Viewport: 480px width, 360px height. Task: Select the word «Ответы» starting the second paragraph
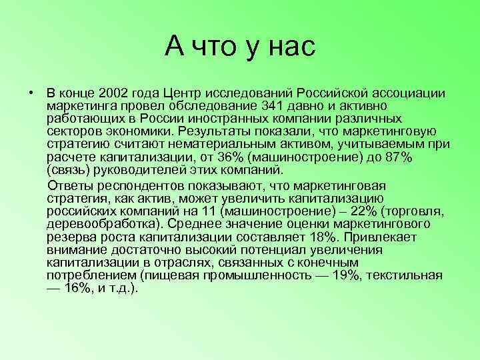[69, 185]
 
